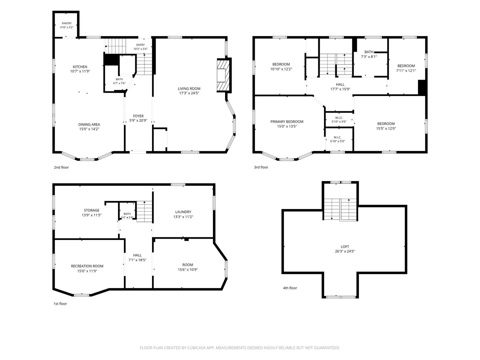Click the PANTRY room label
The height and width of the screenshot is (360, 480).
coord(67,23)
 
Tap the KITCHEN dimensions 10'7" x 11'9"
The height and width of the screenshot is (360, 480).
coord(80,71)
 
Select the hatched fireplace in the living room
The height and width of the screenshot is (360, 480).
coord(223,75)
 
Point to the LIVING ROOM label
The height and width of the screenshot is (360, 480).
coord(189,89)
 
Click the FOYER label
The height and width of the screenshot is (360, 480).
coord(138,116)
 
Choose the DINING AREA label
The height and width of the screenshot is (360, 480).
coord(89,125)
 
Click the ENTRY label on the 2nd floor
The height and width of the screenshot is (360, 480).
coord(140,45)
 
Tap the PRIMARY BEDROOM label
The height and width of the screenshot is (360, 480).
coord(287,122)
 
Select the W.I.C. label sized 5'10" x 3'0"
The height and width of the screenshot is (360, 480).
coord(339,120)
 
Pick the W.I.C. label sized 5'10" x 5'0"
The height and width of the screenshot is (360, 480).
coord(337,139)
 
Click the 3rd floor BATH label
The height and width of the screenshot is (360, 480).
coord(369,52)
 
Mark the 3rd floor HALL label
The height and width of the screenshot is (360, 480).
coord(340,84)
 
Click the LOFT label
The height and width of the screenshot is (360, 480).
coord(345,247)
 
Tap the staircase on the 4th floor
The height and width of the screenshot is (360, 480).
coord(340,209)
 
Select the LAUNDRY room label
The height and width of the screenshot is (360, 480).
coord(183,212)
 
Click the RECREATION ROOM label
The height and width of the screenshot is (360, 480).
coord(87,266)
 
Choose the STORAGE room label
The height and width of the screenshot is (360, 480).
coord(92,210)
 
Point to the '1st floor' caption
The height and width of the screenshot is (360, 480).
coord(60,304)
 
